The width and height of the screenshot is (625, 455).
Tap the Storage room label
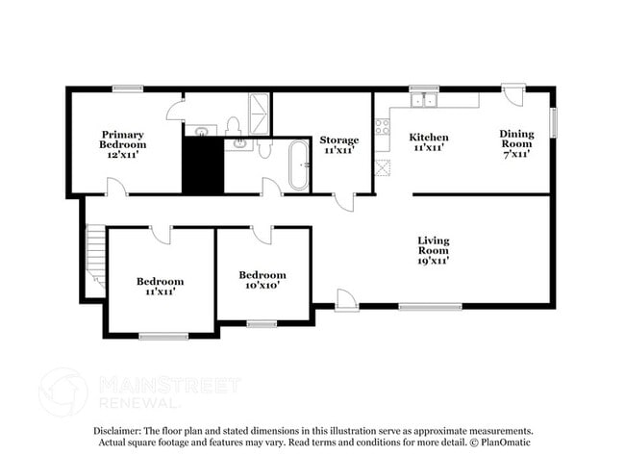338,144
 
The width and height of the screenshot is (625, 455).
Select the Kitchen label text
429,142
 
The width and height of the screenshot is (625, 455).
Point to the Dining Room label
514,143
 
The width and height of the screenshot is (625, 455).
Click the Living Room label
433,249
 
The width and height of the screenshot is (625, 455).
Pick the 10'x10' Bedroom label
262,280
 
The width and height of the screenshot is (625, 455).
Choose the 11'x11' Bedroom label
160,286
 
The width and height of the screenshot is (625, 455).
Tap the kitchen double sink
423,100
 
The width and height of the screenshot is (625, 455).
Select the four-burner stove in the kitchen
382,125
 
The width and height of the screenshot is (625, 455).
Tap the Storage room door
344,201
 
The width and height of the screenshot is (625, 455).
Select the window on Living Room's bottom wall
416,308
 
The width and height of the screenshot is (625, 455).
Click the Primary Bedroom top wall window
127,89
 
